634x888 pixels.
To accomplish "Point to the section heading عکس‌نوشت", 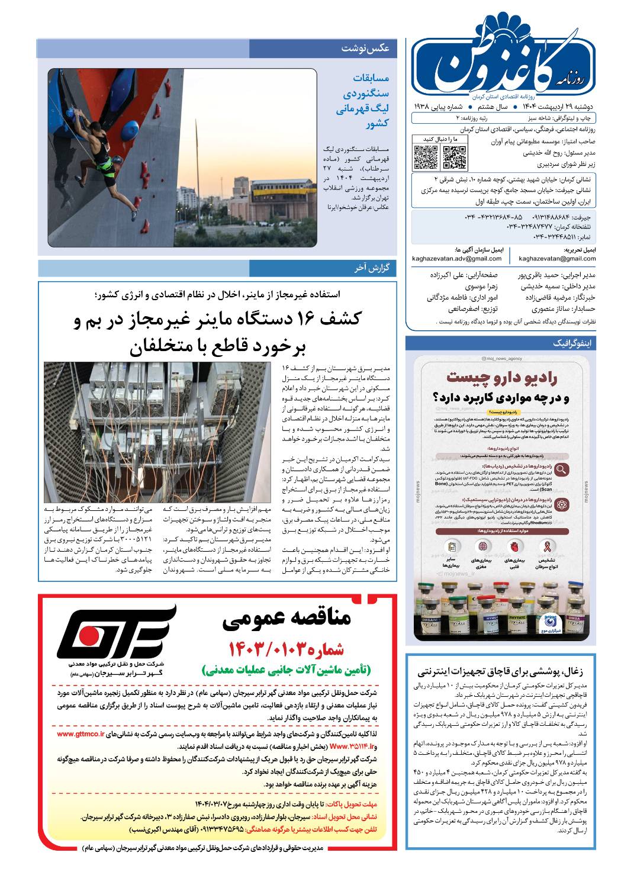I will pyautogui.click(x=365, y=49).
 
